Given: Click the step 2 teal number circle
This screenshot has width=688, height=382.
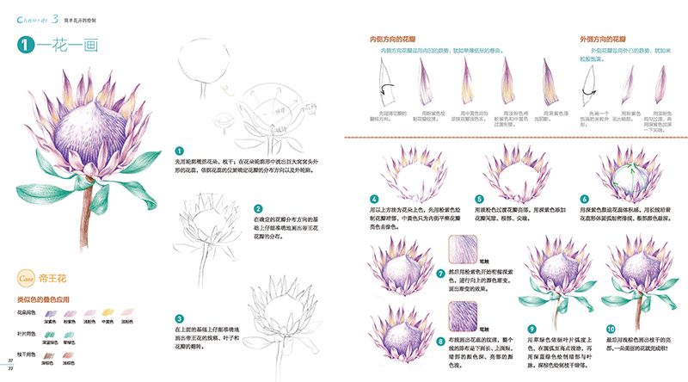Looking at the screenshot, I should (x=258, y=208).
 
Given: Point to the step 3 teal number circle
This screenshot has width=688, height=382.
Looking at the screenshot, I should (x=179, y=317).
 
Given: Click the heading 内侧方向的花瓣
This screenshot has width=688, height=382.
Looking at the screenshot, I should (x=397, y=40).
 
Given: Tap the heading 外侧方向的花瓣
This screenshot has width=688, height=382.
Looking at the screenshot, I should (x=609, y=40).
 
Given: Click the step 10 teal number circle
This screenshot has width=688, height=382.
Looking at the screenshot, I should (x=611, y=328).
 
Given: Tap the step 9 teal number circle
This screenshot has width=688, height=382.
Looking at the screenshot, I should (x=531, y=328).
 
